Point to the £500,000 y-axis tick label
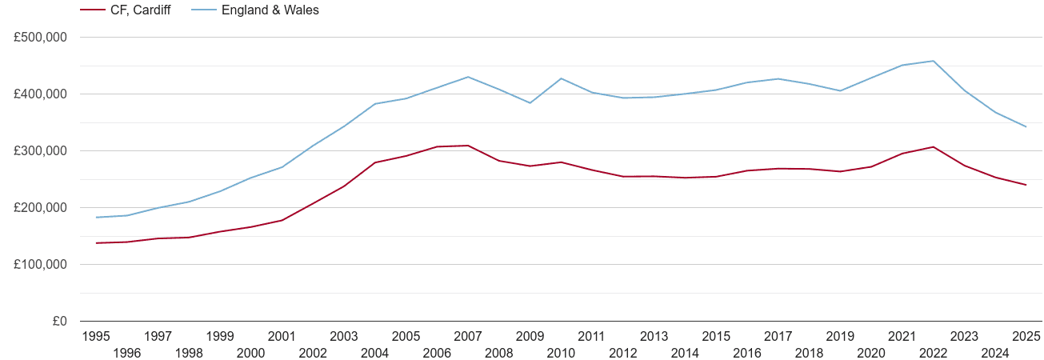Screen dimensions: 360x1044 (40, 38)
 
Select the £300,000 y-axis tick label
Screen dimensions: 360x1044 (40, 151)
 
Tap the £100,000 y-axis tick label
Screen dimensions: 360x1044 (40, 265)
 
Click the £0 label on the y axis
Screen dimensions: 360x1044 (59, 322)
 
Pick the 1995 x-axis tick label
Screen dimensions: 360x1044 (96, 336)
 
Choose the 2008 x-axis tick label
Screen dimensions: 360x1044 (499, 353)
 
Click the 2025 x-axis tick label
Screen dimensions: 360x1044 (1026, 336)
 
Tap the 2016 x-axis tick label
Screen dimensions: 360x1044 (747, 353)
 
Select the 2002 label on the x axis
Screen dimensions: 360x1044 (313, 353)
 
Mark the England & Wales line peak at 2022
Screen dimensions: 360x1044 (933, 61)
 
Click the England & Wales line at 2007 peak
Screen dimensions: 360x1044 (468, 77)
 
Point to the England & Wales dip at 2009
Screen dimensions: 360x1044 (530, 102)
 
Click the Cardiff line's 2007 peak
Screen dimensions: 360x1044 (468, 146)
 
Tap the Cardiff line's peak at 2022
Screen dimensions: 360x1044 (933, 146)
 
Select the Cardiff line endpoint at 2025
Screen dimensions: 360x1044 (1026, 185)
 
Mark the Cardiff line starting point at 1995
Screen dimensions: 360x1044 (96, 243)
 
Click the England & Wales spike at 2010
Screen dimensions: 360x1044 (561, 78)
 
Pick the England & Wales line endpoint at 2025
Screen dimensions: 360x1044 (1026, 126)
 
